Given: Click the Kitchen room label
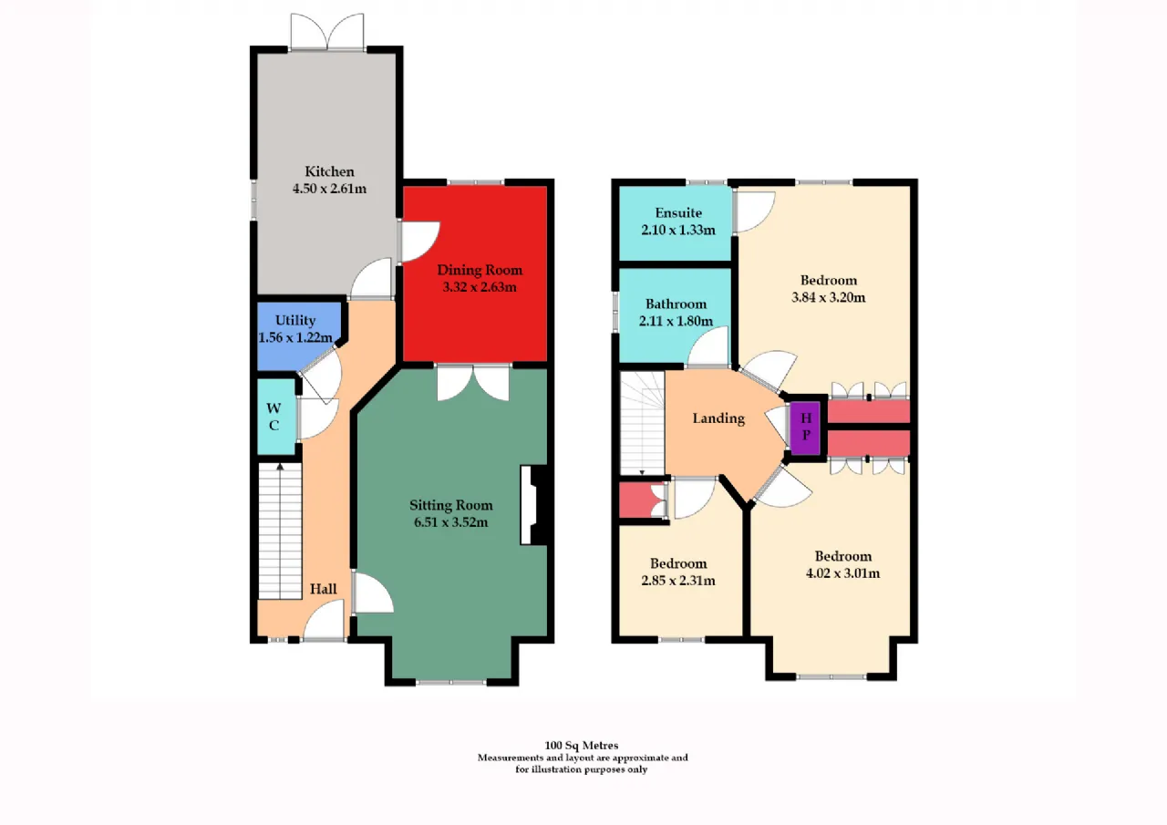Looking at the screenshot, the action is (x=329, y=171).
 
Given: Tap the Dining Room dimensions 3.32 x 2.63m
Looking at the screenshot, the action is (x=480, y=287).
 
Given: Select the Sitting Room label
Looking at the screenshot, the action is (x=451, y=505).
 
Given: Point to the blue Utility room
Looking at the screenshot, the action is (x=298, y=336).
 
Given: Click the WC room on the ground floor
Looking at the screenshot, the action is (x=276, y=417).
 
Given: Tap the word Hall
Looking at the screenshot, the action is (x=324, y=589).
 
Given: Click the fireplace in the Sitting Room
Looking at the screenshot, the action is (x=533, y=505).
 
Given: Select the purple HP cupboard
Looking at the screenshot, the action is (x=805, y=427).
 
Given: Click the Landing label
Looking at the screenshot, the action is (x=718, y=418).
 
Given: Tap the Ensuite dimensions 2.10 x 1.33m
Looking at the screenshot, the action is (x=678, y=230).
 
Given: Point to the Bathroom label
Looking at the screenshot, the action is (x=676, y=304).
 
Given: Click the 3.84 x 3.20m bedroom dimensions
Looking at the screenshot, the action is (x=829, y=297).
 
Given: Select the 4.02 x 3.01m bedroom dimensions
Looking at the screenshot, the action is (x=843, y=573).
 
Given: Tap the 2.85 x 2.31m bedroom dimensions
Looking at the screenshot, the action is (x=678, y=580).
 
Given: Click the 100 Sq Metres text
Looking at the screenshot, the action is (x=582, y=746).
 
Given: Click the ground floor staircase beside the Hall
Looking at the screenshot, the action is (x=280, y=531).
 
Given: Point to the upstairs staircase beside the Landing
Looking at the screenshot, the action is (x=643, y=423).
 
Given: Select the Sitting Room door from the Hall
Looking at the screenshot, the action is (x=372, y=593).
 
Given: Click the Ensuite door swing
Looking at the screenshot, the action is (x=754, y=211).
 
